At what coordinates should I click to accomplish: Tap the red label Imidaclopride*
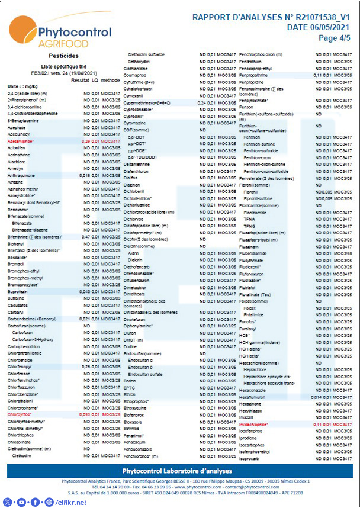(254, 425)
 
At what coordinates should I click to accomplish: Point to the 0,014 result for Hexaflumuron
(317, 397)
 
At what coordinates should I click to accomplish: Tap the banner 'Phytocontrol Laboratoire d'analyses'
(180, 471)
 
